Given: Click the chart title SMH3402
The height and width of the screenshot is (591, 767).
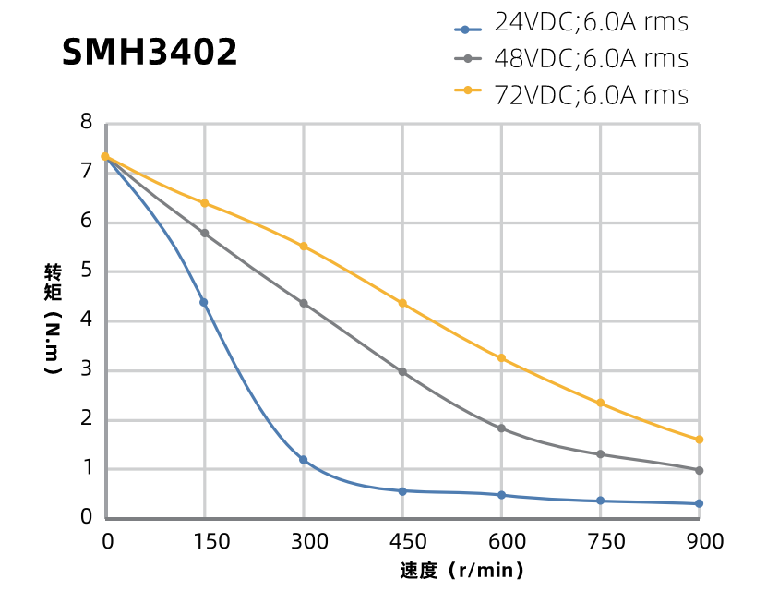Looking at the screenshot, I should [x=150, y=53].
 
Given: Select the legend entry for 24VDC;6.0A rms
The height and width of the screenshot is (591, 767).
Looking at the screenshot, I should [x=571, y=22].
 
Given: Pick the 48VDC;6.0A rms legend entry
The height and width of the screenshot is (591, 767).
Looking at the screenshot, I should [x=571, y=59].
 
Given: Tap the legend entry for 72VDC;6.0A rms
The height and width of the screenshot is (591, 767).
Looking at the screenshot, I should [x=571, y=95].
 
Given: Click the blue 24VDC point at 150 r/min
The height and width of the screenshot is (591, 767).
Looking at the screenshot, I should [x=204, y=302].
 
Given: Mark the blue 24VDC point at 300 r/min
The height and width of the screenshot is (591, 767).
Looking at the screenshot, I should [x=303, y=460].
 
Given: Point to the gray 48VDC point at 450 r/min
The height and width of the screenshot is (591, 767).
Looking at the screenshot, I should [x=402, y=372].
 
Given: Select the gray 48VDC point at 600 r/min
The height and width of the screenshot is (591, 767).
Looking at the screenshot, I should [x=501, y=428].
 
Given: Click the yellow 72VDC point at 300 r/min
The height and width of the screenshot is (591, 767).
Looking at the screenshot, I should [x=303, y=247].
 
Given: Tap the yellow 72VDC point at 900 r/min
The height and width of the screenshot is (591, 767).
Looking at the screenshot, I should [x=699, y=440].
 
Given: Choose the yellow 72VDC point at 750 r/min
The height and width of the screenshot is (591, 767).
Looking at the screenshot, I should [x=600, y=403].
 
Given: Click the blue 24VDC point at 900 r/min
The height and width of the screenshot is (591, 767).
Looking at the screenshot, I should [x=699, y=503].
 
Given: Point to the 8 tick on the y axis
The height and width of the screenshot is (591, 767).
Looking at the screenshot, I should [x=87, y=122].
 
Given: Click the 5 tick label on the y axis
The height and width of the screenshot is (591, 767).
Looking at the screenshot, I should [x=87, y=271].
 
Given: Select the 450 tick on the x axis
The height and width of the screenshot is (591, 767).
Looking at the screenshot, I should [x=402, y=541].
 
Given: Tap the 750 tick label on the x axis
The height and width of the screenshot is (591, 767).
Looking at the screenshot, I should [x=600, y=541].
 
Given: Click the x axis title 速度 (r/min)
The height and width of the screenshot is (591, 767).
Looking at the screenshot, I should [x=462, y=571].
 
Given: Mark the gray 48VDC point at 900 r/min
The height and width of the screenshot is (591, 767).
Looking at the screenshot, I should [x=699, y=470].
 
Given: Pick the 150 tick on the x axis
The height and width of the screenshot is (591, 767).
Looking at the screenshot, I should [x=204, y=541].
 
